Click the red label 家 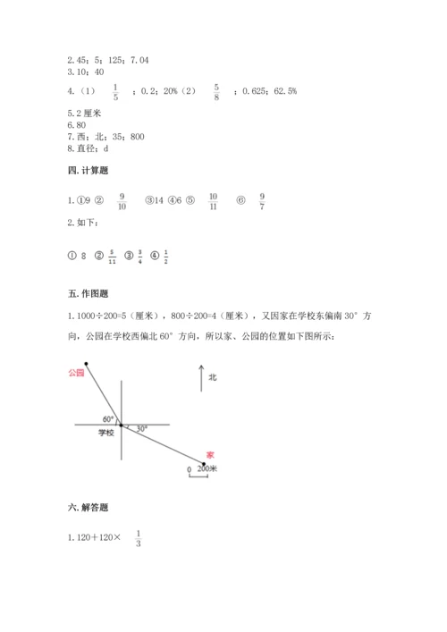tap(209, 454)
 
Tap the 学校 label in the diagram tap(106, 433)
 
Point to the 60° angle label tap(108, 418)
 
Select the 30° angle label tap(141, 429)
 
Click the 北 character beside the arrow tap(213, 378)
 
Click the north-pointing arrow tap(201, 378)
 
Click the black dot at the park tap(86, 364)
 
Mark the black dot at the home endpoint tap(206, 463)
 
